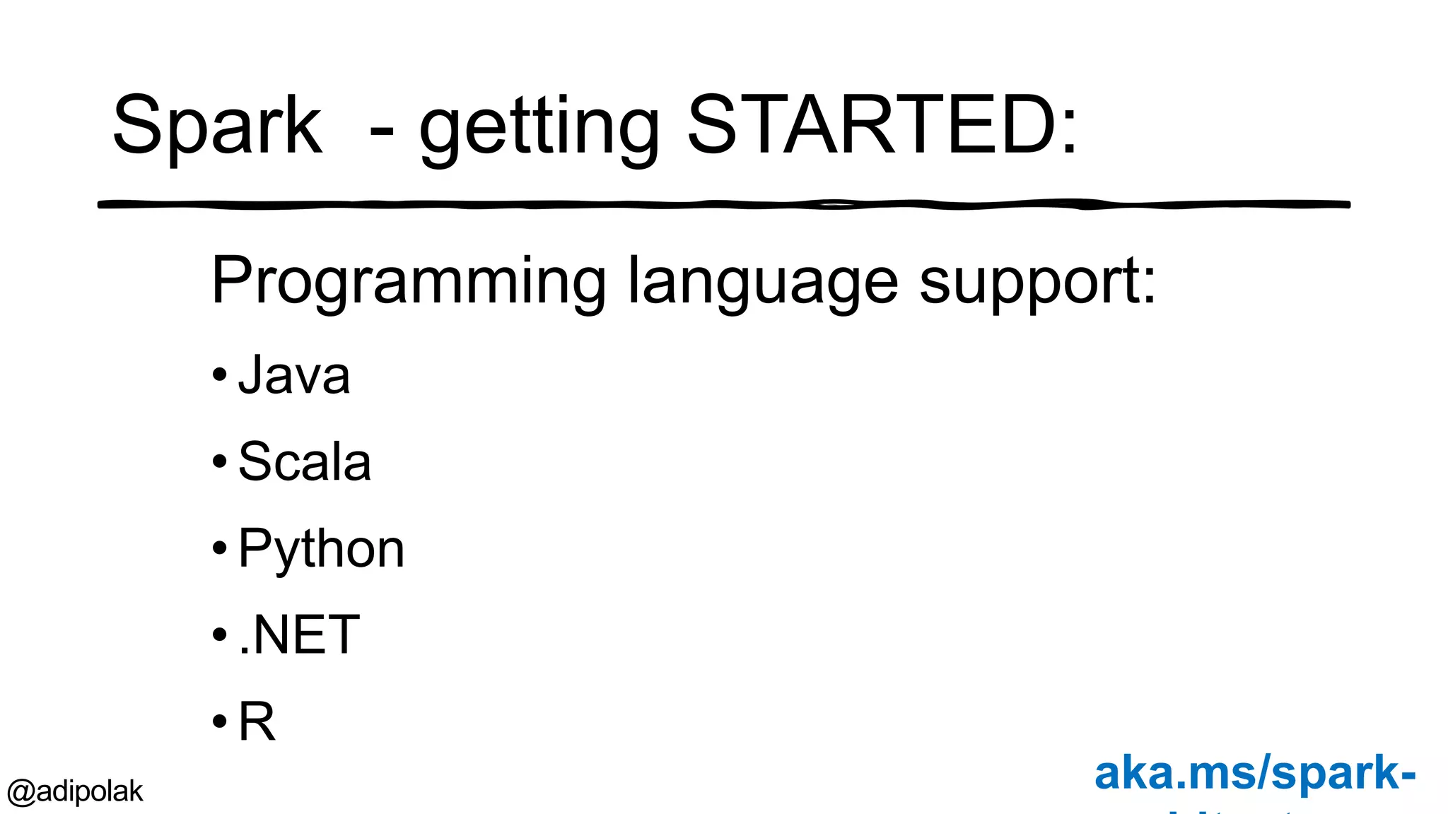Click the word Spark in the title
(x=217, y=126)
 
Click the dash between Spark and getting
(x=382, y=131)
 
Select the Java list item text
(x=294, y=375)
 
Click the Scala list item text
(x=305, y=462)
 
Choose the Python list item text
(x=322, y=549)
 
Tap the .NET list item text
(x=299, y=635)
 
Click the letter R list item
(x=257, y=721)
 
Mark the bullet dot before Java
(x=220, y=374)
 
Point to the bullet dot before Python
(x=220, y=548)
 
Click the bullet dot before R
(x=220, y=721)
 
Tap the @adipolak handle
(x=75, y=791)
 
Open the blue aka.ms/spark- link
(x=1255, y=773)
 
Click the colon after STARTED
(x=1070, y=127)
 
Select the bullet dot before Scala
(x=220, y=461)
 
